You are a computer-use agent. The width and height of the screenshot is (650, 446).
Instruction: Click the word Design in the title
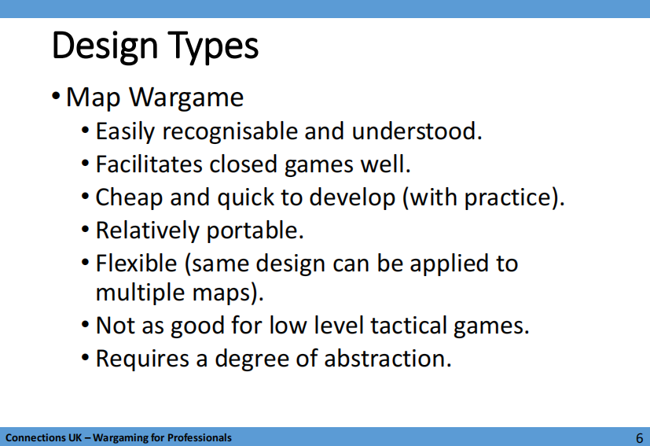(x=105, y=46)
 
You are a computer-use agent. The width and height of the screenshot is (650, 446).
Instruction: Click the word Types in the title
(x=213, y=46)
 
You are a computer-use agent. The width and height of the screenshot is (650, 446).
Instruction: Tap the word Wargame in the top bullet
(x=186, y=98)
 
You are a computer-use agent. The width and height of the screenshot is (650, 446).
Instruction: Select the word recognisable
(x=230, y=131)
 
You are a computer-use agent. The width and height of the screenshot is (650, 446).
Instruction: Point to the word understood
(x=417, y=131)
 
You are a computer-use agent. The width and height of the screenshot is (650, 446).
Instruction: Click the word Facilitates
(x=149, y=164)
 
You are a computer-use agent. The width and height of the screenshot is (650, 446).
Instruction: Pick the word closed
(x=244, y=164)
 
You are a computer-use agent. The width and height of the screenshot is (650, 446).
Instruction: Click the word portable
(x=255, y=231)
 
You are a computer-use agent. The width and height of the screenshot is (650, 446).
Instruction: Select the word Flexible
(x=137, y=264)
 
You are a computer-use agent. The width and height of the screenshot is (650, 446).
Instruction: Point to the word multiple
(x=140, y=293)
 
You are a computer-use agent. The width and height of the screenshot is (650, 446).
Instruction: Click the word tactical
(x=408, y=326)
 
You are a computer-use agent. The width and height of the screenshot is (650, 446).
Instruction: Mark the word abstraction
(x=387, y=359)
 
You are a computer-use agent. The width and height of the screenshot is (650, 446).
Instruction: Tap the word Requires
(x=142, y=359)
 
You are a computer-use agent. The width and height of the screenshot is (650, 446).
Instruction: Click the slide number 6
(x=639, y=438)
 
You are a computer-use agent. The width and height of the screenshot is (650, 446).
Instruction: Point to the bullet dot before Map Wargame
(x=56, y=97)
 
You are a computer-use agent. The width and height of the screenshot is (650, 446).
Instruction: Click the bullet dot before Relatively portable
(x=86, y=230)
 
